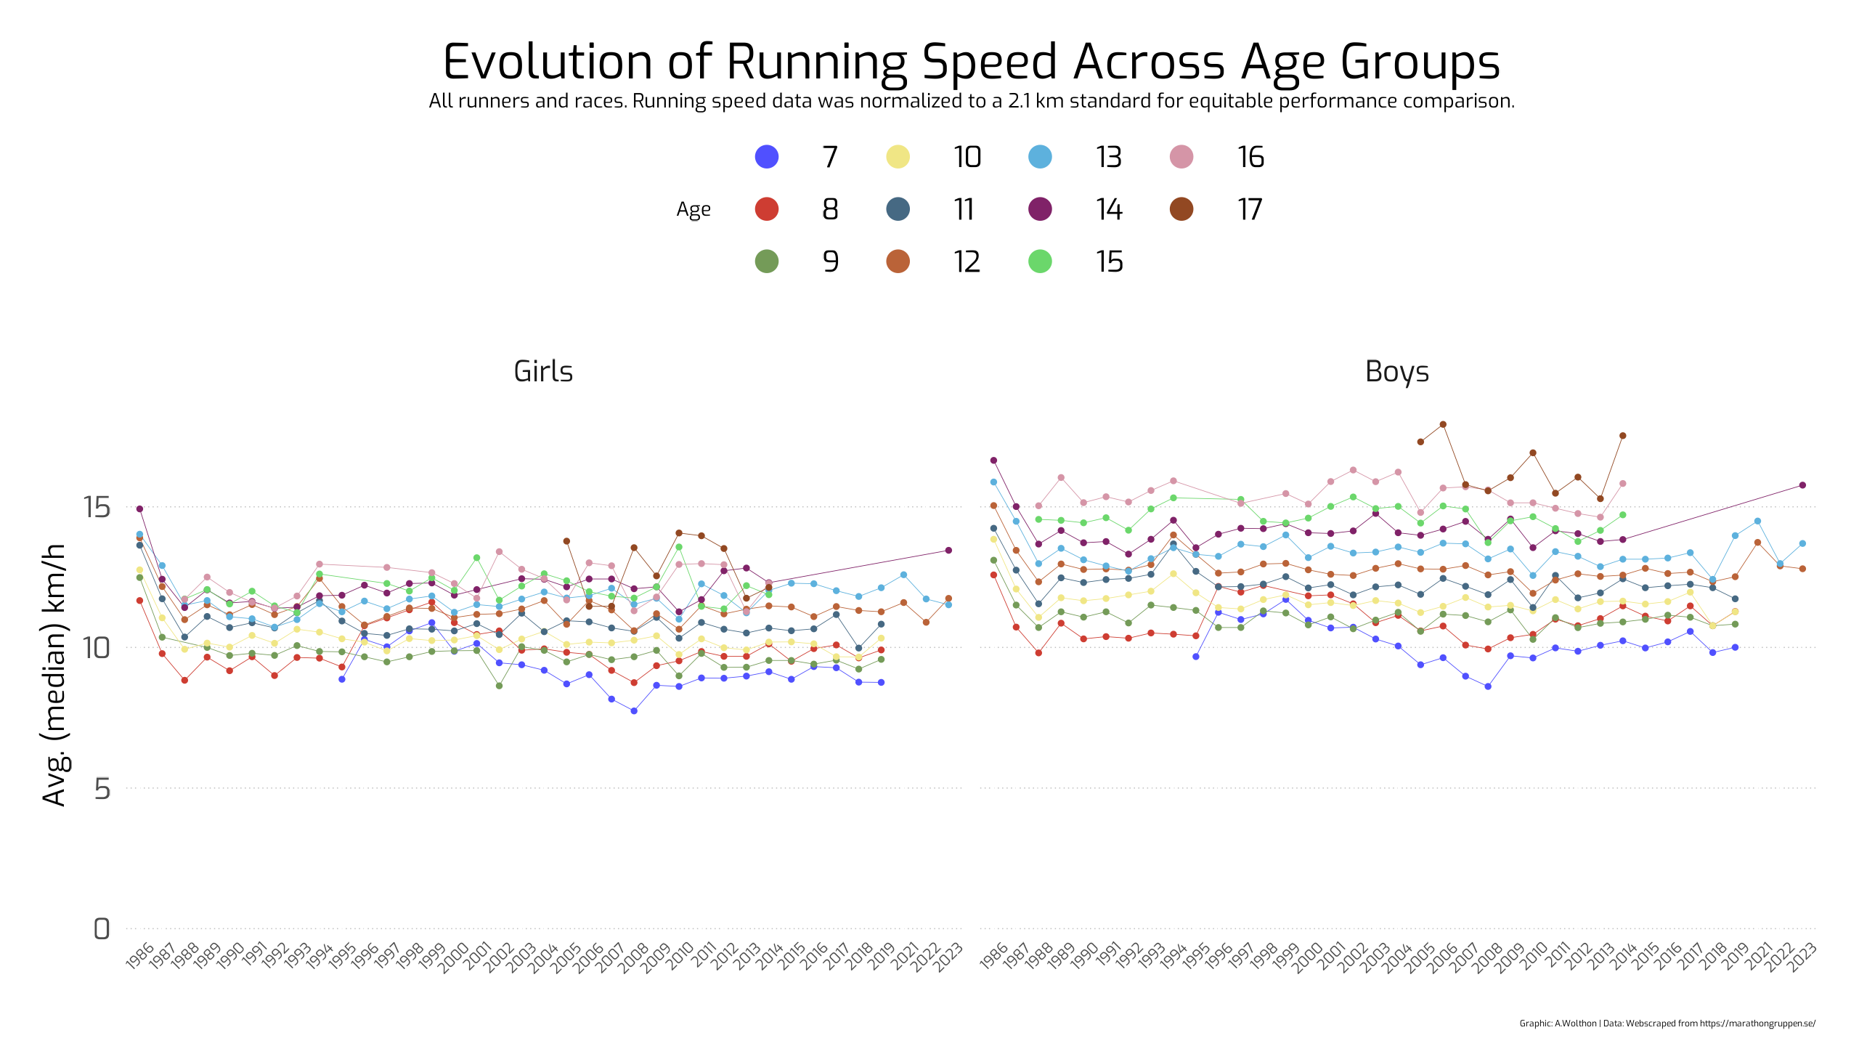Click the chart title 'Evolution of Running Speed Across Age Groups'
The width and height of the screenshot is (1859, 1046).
tap(972, 62)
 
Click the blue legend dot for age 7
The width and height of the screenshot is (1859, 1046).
tap(767, 157)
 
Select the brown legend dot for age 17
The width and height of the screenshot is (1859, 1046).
tap(1182, 209)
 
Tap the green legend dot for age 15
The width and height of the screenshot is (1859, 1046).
tap(1041, 261)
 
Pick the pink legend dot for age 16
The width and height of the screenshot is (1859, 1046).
tap(1182, 157)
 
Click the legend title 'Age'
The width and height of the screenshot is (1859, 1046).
tap(693, 210)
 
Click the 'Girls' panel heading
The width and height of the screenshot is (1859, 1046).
tap(543, 371)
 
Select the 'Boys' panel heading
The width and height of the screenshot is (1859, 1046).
tap(1397, 371)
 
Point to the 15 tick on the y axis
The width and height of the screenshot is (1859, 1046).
tap(97, 507)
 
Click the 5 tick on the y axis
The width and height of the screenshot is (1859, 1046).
tap(102, 788)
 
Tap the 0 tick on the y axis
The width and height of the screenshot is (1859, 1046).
tap(102, 929)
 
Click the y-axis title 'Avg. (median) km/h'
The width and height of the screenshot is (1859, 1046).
tap(54, 675)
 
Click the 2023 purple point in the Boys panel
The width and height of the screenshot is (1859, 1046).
tap(1802, 485)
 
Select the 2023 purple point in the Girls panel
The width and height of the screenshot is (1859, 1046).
tap(948, 551)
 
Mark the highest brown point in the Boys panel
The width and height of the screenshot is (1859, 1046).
tap(1443, 424)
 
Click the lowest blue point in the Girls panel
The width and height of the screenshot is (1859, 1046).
tap(634, 711)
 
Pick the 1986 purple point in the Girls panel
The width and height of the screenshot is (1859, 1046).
tap(139, 508)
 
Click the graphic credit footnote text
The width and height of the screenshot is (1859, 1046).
tap(1667, 1023)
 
